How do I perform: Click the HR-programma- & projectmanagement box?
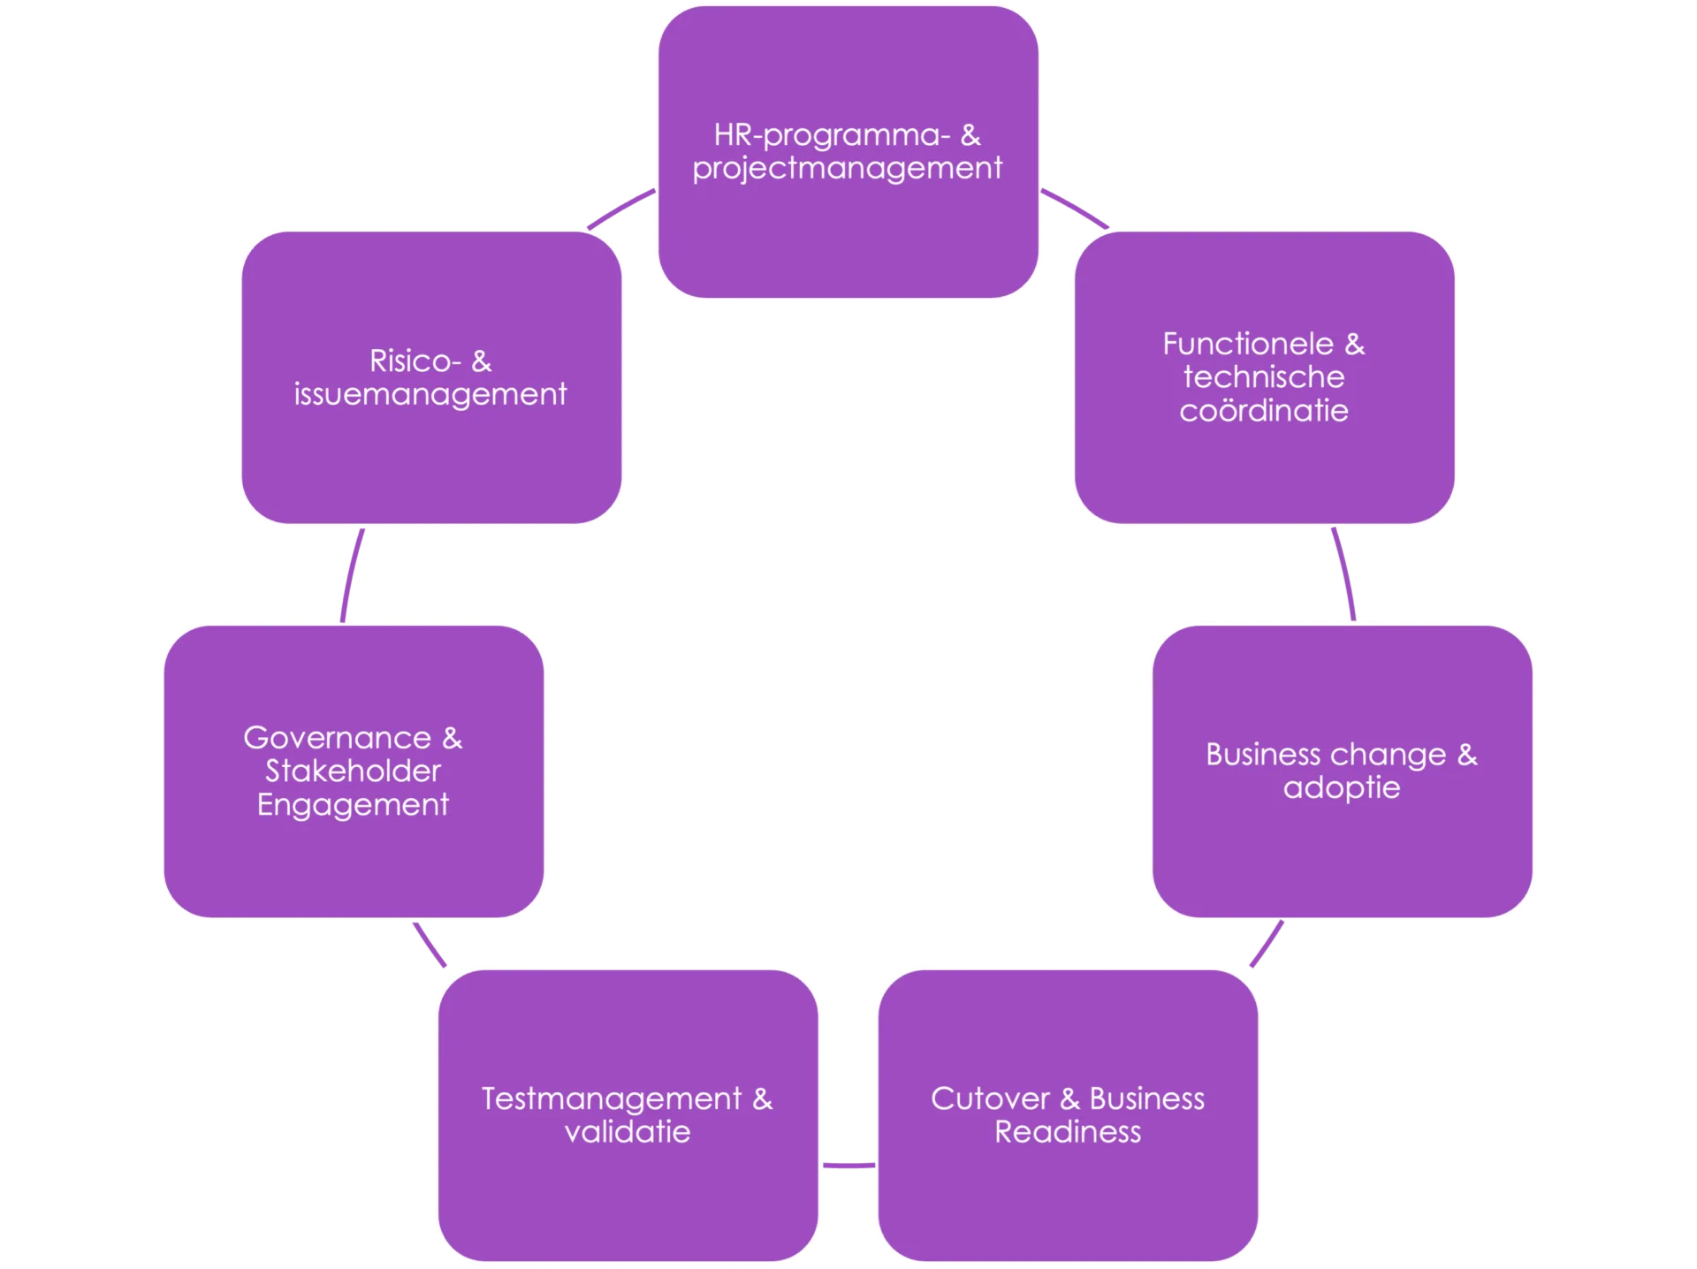point(848,152)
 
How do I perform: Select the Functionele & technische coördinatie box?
point(1264,377)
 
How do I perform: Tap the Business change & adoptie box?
point(1342,771)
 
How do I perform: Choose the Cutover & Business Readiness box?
point(1068,1115)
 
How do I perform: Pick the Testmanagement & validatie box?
point(628,1115)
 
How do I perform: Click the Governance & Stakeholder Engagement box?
point(354,771)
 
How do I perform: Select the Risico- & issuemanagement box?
point(431,377)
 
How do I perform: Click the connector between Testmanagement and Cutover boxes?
point(848,1166)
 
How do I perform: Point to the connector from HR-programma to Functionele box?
point(1076,207)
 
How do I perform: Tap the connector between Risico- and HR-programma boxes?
point(620,208)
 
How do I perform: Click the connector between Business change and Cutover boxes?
point(1267,944)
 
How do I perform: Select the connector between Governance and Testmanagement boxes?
point(430,945)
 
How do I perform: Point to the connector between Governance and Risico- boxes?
point(351,575)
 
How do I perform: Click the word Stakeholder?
point(353,771)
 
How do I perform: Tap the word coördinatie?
point(1264,411)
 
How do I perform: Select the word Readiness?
point(1068,1132)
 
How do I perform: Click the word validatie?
point(628,1132)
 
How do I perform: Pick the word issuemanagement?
point(430,394)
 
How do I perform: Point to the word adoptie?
point(1342,788)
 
